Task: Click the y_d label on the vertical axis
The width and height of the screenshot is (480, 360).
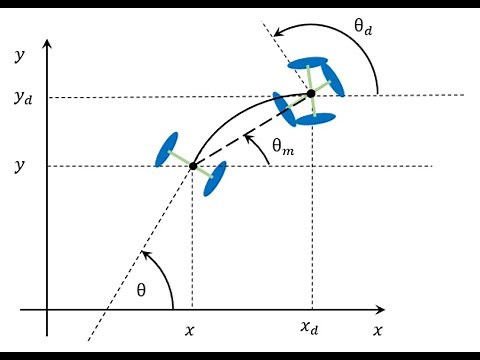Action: pos(21,98)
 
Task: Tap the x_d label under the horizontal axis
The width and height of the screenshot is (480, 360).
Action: pos(311,327)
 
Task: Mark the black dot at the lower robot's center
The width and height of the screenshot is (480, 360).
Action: pos(192,165)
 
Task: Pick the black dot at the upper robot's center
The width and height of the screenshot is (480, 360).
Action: pos(311,94)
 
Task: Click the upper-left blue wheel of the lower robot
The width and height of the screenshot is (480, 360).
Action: pos(167,148)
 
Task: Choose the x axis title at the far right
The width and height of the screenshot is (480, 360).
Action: pos(378,328)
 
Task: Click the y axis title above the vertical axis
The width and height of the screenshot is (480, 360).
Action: pos(18,55)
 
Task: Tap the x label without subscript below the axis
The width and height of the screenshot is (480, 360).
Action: pos(191,327)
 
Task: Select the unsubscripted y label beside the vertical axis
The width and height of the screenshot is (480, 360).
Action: pos(18,165)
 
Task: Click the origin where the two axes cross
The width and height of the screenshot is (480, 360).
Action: pos(46,310)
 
